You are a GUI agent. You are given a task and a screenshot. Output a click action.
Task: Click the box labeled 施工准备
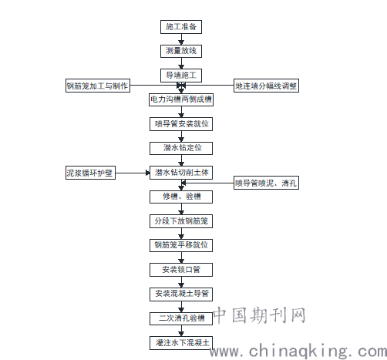tap(181, 27)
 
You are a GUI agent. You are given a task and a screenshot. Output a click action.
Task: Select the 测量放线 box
tap(181, 51)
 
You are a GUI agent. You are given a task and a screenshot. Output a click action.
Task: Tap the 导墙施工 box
tap(181, 76)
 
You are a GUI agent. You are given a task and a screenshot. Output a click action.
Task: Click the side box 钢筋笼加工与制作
tap(98, 86)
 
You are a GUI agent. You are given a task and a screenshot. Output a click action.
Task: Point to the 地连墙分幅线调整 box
tap(266, 86)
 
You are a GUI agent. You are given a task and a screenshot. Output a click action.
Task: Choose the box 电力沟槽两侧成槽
tap(181, 99)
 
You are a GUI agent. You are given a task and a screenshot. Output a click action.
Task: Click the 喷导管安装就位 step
tap(181, 124)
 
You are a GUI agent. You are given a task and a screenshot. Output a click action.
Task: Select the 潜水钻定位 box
tap(181, 148)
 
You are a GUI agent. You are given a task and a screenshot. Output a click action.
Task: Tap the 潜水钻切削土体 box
tap(181, 173)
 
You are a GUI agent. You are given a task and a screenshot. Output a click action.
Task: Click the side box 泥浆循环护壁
tap(90, 173)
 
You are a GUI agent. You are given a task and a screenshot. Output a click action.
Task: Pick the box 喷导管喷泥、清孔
tap(266, 183)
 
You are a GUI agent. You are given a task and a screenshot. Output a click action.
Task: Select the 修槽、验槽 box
tap(181, 197)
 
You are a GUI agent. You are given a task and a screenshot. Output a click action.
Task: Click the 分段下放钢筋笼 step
tap(181, 221)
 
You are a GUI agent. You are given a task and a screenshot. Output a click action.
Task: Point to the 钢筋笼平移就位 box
tap(181, 245)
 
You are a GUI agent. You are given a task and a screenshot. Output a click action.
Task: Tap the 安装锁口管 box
tap(181, 270)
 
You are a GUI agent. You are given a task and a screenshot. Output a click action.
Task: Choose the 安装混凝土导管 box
tap(181, 294)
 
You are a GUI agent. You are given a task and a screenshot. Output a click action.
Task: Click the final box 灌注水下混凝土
tap(181, 343)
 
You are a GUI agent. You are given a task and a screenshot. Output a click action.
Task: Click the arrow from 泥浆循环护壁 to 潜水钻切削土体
tap(133, 173)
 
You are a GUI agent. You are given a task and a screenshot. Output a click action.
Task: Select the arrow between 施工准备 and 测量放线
tap(181, 39)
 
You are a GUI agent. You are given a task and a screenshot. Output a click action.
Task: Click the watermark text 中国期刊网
tap(260, 315)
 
